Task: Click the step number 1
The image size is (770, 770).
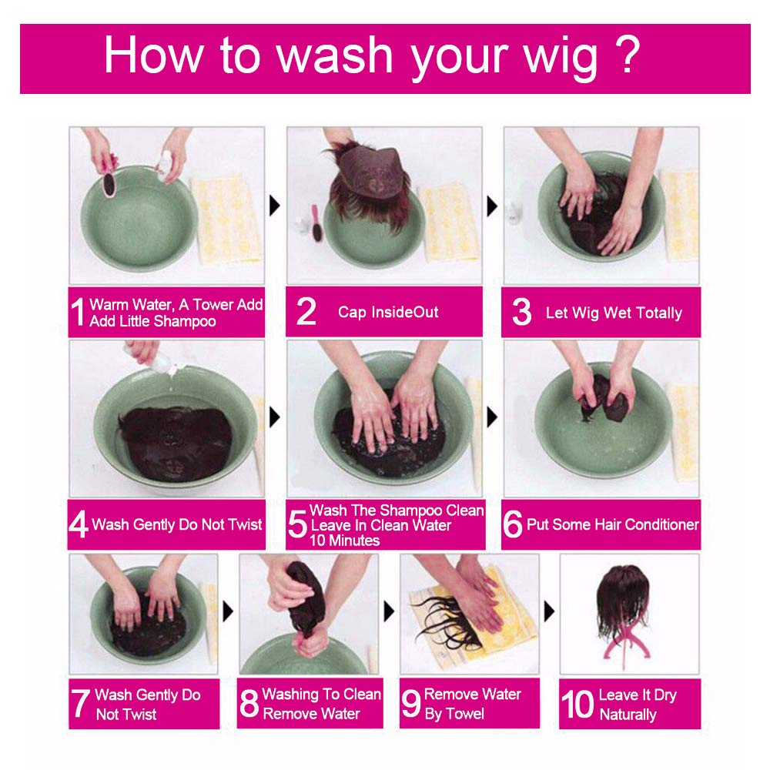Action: (78, 312)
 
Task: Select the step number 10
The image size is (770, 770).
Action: (577, 704)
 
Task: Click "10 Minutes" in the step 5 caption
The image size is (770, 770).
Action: (344, 541)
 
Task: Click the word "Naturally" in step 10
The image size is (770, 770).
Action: (628, 715)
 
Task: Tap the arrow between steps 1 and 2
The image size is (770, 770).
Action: (275, 206)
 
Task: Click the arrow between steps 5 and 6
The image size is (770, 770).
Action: (492, 417)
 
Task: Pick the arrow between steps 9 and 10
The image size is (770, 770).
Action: (550, 611)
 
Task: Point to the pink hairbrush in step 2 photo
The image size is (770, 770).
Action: (316, 223)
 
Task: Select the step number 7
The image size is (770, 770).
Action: (80, 704)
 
